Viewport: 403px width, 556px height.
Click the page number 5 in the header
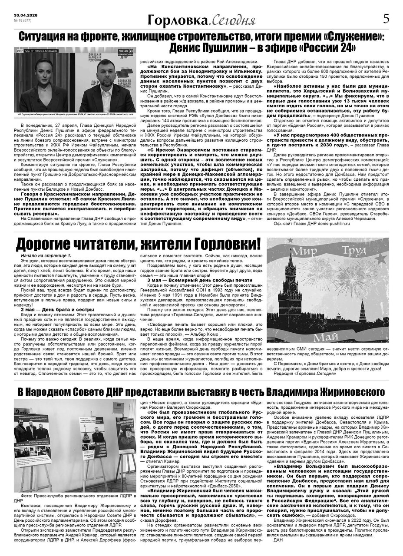(386, 19)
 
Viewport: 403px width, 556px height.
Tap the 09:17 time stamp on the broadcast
(20, 51)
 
